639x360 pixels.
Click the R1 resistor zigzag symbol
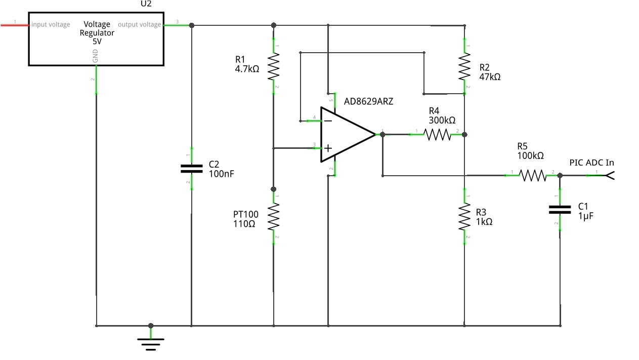273,67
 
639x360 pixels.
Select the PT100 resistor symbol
273,216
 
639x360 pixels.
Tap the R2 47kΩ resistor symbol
464,67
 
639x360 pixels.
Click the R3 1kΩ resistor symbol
464,216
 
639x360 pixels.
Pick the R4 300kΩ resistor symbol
437,135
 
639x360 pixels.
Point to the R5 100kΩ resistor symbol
533,175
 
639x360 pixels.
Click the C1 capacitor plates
560,209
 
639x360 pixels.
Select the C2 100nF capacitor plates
191,169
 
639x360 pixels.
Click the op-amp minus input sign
328,121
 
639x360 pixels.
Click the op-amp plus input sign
328,148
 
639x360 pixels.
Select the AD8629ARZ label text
368,101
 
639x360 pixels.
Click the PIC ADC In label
591,163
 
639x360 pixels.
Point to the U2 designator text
146,4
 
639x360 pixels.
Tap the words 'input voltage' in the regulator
51,24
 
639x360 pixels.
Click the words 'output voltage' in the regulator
139,24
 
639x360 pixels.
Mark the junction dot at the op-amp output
382,135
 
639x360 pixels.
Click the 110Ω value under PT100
244,223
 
